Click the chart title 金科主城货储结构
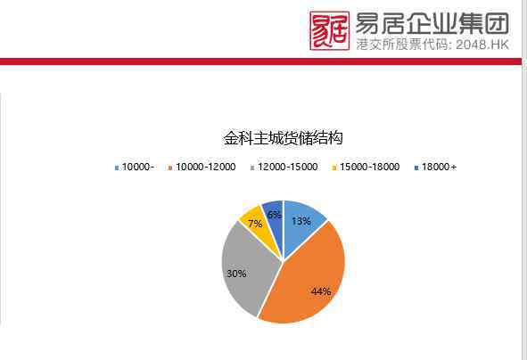tap(284, 138)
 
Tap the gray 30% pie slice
tap(249, 268)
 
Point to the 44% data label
tap(321, 291)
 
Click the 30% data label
tap(236, 274)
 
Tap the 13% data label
tap(301, 221)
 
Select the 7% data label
tap(255, 224)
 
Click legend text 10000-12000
tap(206, 167)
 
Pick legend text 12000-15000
tap(288, 167)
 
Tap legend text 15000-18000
tap(370, 167)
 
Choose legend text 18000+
tap(440, 167)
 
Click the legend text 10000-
tap(138, 167)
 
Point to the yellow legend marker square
tap(334, 168)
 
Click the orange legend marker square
tap(170, 168)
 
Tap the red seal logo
tap(329, 30)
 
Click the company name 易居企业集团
tap(432, 23)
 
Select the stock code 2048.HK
tap(482, 45)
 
